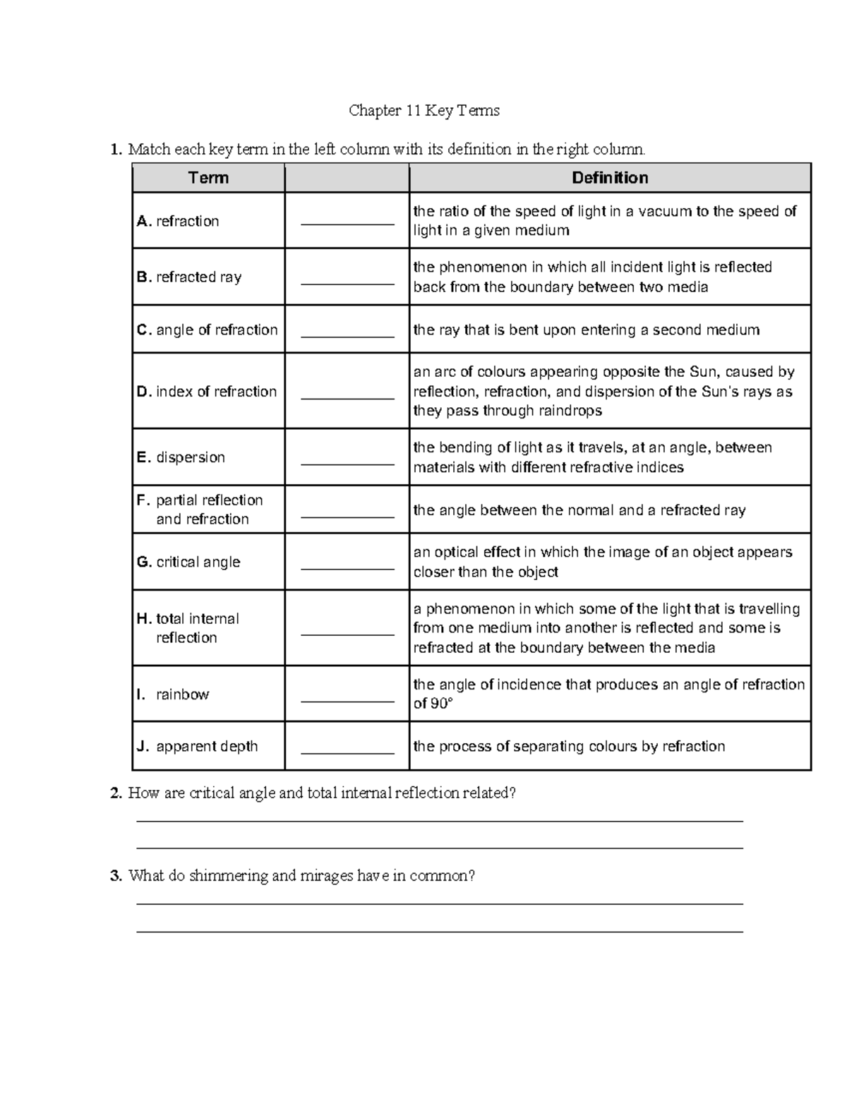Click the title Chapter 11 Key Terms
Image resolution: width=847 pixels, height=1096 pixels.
(424, 111)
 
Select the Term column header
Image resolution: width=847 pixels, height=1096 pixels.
(208, 178)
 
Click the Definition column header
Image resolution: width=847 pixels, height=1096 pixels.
(610, 178)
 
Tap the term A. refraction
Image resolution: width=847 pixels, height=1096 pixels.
(178, 222)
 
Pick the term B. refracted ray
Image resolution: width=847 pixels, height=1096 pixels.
(189, 277)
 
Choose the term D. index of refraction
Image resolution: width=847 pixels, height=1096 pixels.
(207, 392)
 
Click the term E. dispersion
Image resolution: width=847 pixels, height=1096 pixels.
(181, 457)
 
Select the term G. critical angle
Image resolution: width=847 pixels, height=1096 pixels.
(188, 562)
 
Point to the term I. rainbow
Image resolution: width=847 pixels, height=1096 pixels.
(173, 694)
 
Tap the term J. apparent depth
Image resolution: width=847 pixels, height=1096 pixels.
(198, 747)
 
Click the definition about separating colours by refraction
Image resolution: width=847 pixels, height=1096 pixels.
(569, 747)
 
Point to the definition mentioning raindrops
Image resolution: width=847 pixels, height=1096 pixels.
(603, 392)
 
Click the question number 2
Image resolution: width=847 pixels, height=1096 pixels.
(116, 793)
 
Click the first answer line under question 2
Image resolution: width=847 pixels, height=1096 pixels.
(439, 821)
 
